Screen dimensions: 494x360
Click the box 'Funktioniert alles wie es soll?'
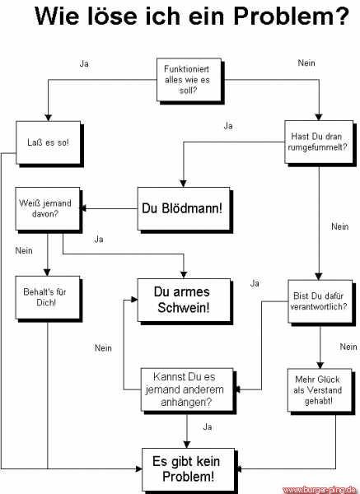(x=187, y=79)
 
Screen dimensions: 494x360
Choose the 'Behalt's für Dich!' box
(x=48, y=297)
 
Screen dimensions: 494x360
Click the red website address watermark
(x=320, y=488)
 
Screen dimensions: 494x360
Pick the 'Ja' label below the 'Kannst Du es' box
(x=208, y=426)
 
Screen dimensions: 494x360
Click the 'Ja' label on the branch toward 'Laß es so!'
(x=84, y=63)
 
